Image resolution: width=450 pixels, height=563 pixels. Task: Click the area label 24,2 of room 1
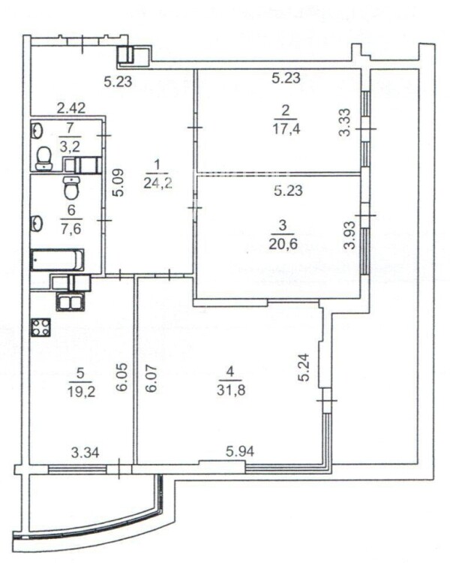tap(158, 183)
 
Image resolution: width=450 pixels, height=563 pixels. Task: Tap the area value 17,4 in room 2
tap(286, 129)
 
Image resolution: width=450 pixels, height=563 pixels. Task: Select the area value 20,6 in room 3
tap(283, 244)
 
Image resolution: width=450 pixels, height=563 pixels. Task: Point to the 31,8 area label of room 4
tap(231, 390)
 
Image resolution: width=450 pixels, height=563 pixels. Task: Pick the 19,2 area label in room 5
tap(81, 392)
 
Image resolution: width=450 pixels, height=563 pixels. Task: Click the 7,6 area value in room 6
tap(70, 228)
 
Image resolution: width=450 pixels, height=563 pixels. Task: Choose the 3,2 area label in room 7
tap(70, 146)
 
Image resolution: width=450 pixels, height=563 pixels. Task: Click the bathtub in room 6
tap(58, 260)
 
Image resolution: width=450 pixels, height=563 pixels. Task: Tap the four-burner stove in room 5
tap(40, 328)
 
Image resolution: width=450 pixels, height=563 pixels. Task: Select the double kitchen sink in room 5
tap(70, 303)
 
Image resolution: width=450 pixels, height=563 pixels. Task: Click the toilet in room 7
tap(44, 158)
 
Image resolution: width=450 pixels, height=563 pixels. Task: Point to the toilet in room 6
tap(71, 187)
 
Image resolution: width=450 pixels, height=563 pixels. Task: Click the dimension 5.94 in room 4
tap(240, 451)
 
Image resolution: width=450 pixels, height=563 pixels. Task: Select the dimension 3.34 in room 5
tap(85, 453)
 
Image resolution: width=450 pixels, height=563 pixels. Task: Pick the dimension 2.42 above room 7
tap(72, 107)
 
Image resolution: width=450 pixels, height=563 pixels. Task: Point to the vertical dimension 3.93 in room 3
tap(349, 235)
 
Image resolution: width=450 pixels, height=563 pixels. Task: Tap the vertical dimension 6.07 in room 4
tap(151, 378)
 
